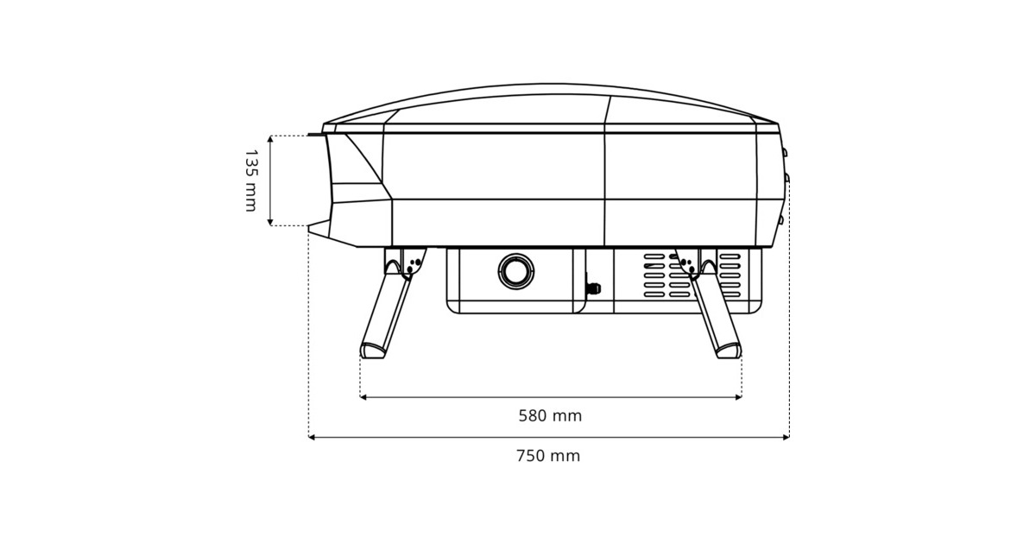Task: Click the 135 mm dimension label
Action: (250, 180)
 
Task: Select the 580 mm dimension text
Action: (550, 416)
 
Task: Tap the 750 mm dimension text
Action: (548, 456)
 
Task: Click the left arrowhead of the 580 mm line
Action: (363, 397)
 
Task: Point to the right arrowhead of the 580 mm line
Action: (738, 397)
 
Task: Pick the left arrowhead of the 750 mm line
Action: (312, 437)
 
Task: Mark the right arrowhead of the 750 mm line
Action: (786, 437)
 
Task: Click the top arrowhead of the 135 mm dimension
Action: (270, 139)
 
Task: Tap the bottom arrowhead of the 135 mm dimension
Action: (270, 222)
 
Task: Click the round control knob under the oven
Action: (516, 271)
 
